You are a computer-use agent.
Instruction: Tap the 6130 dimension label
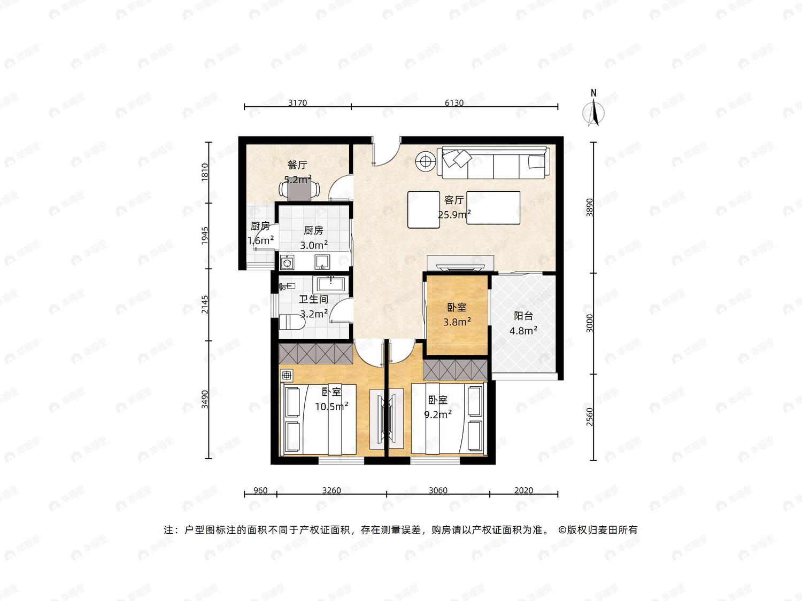(454, 103)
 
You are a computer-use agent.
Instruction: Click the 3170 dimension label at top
(297, 103)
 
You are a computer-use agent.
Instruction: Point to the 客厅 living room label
(454, 200)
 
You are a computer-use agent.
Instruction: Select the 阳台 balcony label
(523, 316)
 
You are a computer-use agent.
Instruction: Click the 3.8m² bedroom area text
(457, 322)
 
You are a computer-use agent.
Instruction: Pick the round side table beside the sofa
(425, 161)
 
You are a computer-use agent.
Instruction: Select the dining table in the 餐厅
(299, 190)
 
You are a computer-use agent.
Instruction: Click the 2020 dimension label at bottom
(523, 490)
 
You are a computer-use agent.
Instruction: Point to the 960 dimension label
(260, 490)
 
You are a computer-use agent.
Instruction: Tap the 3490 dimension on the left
(205, 399)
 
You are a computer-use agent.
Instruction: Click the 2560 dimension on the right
(589, 417)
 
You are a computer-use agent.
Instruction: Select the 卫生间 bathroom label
(313, 299)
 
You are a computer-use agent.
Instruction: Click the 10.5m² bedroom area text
(332, 406)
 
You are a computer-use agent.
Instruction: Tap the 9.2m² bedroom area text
(438, 415)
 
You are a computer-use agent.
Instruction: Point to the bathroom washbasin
(330, 284)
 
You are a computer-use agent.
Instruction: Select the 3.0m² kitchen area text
(314, 245)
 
